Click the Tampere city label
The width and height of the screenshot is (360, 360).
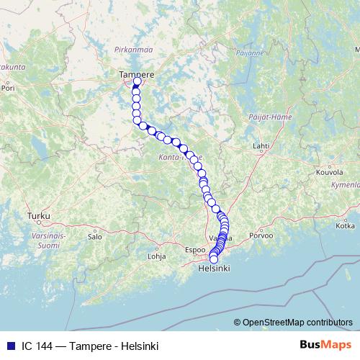pyautogui.click(x=137, y=73)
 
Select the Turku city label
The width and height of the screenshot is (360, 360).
pyautogui.click(x=36, y=215)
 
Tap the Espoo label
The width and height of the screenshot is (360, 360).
pyautogui.click(x=195, y=250)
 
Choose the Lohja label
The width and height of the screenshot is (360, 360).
pyautogui.click(x=156, y=256)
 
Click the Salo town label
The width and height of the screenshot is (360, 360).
pyautogui.click(x=94, y=235)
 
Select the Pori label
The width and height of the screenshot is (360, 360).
pyautogui.click(x=9, y=91)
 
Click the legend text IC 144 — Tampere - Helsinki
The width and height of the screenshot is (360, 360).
pyautogui.click(x=87, y=345)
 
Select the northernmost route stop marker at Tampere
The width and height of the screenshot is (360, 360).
pyautogui.click(x=138, y=82)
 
